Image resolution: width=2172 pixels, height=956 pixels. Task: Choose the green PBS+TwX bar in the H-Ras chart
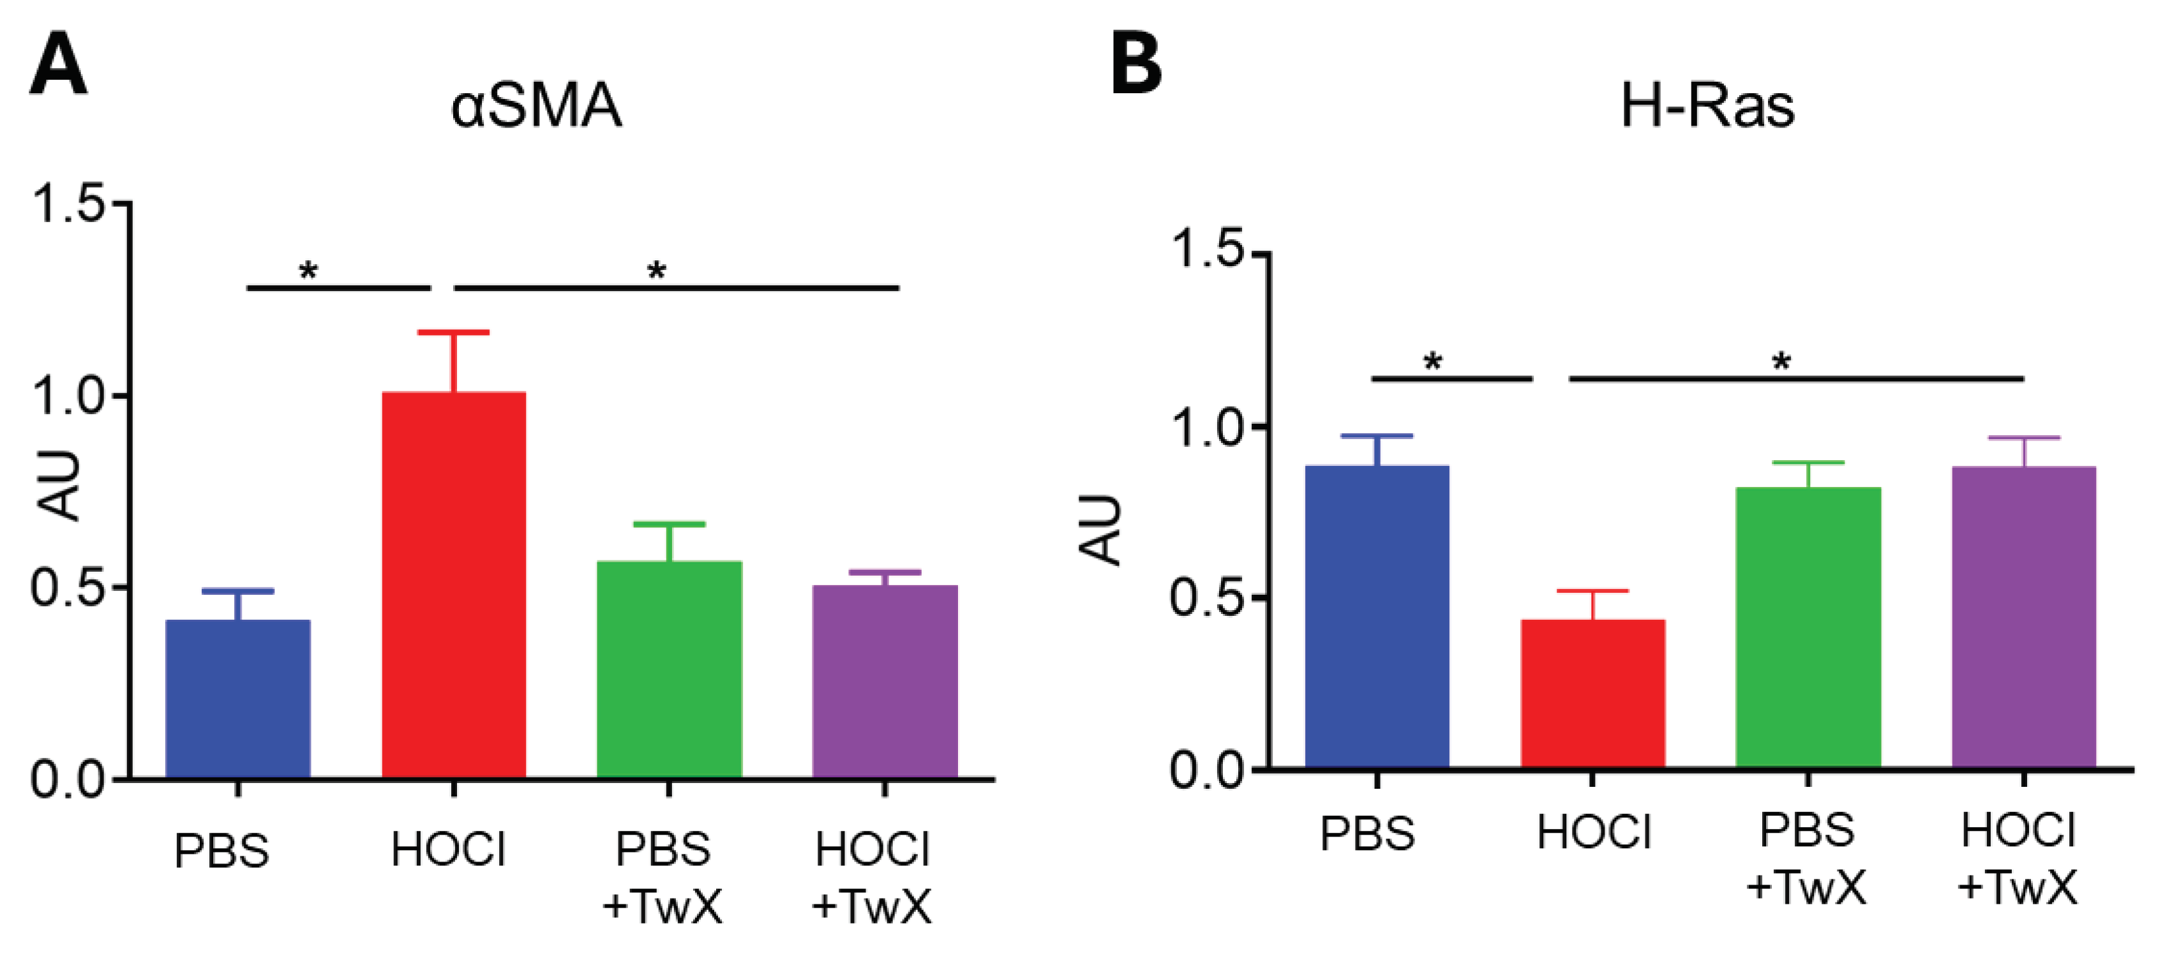click(1808, 627)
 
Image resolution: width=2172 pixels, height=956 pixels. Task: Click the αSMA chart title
click(536, 107)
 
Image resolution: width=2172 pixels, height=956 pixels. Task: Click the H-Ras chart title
click(1707, 107)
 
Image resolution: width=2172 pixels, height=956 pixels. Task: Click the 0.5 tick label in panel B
click(1208, 598)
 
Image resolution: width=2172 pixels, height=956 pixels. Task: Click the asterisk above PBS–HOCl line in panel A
click(309, 271)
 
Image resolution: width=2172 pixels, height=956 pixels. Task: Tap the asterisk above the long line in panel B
click(1781, 362)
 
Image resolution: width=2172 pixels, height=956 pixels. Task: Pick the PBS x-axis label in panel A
click(221, 851)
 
